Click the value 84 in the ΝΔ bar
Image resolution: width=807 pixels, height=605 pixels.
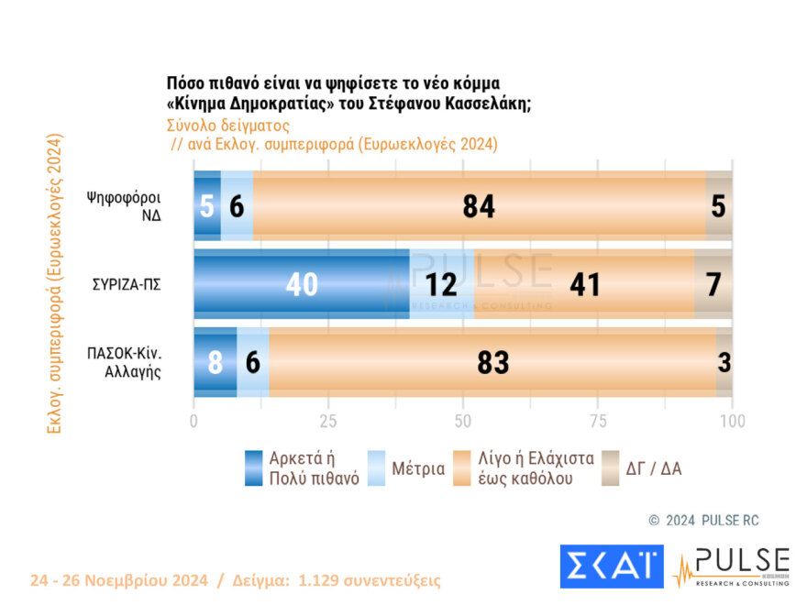pos(479,206)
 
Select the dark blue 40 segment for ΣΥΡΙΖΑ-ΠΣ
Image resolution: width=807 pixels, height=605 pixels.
pos(301,284)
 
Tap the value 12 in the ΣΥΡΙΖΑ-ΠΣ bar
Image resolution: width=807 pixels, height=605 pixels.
pos(442,284)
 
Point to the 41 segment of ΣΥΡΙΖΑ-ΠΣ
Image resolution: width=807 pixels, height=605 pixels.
pos(583,284)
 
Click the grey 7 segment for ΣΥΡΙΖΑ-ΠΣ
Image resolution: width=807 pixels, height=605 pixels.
pos(713,284)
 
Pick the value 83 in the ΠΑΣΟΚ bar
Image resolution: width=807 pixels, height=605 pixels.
pos(492,362)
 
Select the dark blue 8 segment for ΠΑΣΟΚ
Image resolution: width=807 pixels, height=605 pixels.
pos(215,362)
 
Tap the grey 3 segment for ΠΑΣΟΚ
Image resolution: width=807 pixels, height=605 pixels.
pos(724,362)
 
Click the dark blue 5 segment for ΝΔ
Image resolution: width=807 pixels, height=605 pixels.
pos(206,206)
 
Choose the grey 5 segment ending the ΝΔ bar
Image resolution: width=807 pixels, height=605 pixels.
pos(718,206)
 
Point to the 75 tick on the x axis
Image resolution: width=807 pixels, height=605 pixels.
pos(597,422)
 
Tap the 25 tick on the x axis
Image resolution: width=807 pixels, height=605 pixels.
pos(328,422)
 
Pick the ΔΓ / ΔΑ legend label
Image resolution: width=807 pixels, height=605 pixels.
pos(654,468)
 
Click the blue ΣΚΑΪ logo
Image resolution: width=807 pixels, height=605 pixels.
pos(612,566)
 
